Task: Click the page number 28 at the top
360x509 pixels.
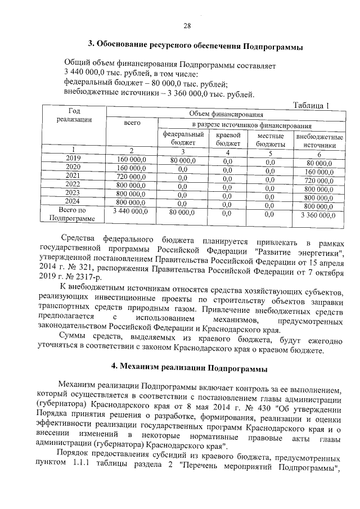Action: point(187,25)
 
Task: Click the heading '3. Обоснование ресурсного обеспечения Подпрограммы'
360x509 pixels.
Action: point(196,44)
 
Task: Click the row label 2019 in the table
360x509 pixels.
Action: point(73,159)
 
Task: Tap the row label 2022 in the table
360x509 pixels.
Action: point(73,184)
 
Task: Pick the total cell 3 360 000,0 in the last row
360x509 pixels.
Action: point(318,214)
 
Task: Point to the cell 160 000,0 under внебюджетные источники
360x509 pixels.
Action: point(319,172)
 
